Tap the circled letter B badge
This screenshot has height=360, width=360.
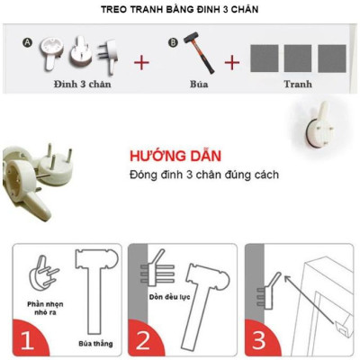coord(174,41)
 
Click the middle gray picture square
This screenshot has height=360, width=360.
coord(298,58)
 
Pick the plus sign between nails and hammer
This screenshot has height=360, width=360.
coord(141,63)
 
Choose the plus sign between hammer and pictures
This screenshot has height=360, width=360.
coord(231,63)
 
